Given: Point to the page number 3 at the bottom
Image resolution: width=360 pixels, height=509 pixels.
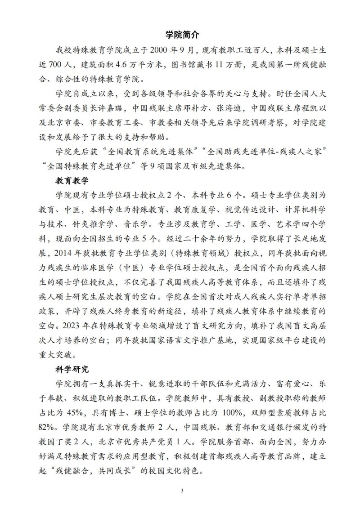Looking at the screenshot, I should tap(180, 489).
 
